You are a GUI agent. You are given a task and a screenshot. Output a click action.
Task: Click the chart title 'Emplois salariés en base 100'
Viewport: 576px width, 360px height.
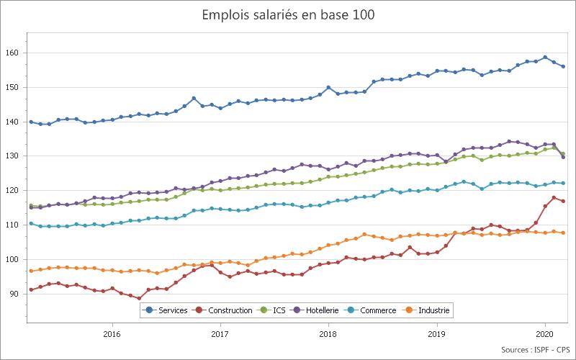click(x=288, y=14)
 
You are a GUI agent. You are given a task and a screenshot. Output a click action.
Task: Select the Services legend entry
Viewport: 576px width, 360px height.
click(x=167, y=310)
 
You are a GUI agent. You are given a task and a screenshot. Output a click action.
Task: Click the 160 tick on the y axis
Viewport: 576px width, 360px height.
click(x=12, y=53)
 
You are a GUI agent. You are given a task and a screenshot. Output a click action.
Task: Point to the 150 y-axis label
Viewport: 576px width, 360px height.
click(x=12, y=88)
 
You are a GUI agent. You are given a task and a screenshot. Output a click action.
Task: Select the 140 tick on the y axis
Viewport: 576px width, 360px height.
click(x=12, y=122)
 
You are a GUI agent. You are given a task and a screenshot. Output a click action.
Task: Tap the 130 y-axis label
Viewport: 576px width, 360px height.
click(x=12, y=156)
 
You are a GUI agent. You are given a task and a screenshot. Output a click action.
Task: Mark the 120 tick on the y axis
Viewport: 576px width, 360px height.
click(x=12, y=191)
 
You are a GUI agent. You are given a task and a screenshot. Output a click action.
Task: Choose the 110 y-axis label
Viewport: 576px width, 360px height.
click(x=12, y=225)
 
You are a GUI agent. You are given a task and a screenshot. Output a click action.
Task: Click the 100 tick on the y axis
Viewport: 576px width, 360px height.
click(x=12, y=259)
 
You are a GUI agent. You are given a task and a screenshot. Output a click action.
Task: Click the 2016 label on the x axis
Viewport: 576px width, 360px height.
click(x=112, y=333)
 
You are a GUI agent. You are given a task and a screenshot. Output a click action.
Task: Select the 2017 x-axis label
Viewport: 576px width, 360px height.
click(x=220, y=333)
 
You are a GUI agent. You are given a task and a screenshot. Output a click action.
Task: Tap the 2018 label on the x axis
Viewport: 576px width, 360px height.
click(x=328, y=333)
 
